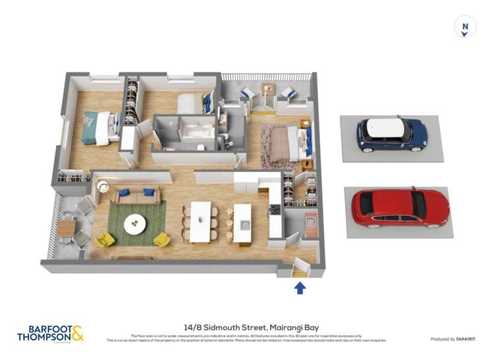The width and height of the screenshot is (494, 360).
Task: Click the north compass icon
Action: click(x=465, y=27)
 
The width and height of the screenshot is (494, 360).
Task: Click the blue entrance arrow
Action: click(x=300, y=287)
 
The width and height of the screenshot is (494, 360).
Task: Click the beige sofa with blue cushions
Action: click(x=136, y=195)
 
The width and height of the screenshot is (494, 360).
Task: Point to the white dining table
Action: click(x=200, y=220)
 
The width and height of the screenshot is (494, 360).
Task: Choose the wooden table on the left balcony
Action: click(x=67, y=228)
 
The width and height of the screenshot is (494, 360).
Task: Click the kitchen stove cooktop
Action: click(x=275, y=210)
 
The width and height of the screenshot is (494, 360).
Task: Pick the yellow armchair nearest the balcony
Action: click(x=104, y=239)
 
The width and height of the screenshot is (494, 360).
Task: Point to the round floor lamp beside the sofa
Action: click(x=103, y=187)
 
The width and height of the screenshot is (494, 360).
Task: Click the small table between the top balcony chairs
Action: click(x=267, y=88)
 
